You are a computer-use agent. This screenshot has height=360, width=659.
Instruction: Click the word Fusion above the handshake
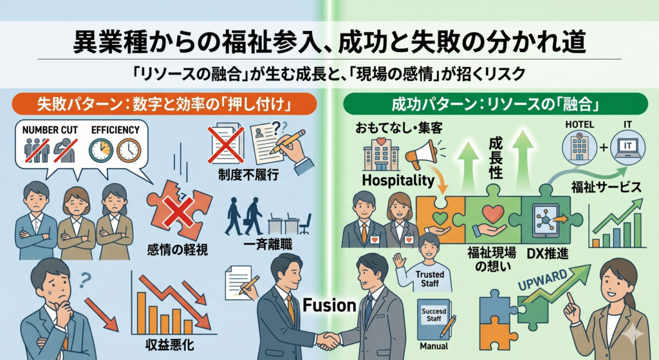click(329, 305)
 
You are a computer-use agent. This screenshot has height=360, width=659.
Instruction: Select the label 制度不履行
click(248, 175)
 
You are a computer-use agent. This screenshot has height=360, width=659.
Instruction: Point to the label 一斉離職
click(268, 244)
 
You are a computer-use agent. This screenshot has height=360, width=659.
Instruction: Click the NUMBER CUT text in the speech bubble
click(50, 130)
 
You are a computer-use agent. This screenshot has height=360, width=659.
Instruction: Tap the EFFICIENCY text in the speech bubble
click(115, 130)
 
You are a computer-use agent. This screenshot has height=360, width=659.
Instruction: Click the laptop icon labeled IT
click(627, 147)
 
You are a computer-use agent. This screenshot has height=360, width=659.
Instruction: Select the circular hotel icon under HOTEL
click(580, 147)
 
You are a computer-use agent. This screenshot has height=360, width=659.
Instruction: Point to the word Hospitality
click(398, 180)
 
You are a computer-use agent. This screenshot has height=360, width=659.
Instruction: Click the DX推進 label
click(548, 253)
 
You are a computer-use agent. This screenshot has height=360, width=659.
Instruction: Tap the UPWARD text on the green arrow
click(543, 279)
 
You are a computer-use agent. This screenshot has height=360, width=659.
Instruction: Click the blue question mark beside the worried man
click(86, 279)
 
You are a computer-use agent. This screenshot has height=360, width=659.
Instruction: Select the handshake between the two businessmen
click(328, 340)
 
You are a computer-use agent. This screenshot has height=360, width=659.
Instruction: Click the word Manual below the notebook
click(434, 346)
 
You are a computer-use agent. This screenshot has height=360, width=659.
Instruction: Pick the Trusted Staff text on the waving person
click(429, 279)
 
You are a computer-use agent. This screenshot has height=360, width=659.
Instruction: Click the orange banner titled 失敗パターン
click(164, 104)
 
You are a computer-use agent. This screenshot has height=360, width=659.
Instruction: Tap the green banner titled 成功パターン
click(496, 104)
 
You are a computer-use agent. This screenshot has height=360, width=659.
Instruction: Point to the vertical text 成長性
click(496, 159)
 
